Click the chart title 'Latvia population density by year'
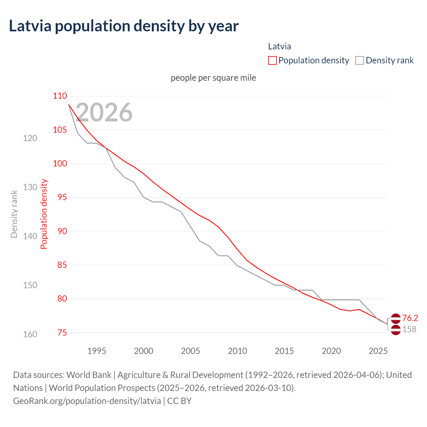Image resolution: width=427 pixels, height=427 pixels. [123, 26]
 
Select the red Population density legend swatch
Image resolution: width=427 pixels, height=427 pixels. [273, 60]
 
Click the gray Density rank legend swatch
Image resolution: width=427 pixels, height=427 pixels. [359, 60]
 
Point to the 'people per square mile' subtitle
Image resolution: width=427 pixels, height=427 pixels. [213, 78]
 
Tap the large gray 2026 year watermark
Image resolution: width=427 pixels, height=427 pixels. [104, 112]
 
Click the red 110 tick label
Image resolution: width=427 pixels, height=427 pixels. [60, 96]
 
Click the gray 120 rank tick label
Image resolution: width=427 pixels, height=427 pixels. [30, 138]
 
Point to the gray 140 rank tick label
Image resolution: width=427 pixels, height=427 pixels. [30, 236]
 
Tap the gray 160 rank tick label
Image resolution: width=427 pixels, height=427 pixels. [30, 334]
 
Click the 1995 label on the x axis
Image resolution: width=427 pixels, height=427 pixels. [97, 351]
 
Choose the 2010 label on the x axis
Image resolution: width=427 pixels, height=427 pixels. [238, 351]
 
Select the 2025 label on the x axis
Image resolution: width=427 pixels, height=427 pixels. [378, 351]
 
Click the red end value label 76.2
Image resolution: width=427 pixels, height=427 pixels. [410, 318]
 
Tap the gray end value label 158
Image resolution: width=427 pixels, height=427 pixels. [409, 330]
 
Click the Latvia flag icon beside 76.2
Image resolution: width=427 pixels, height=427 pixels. [396, 319]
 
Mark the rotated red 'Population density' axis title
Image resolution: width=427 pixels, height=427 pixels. [44, 214]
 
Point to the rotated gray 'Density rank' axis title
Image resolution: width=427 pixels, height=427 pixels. [14, 214]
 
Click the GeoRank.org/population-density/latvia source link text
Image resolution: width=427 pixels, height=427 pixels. [87, 401]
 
